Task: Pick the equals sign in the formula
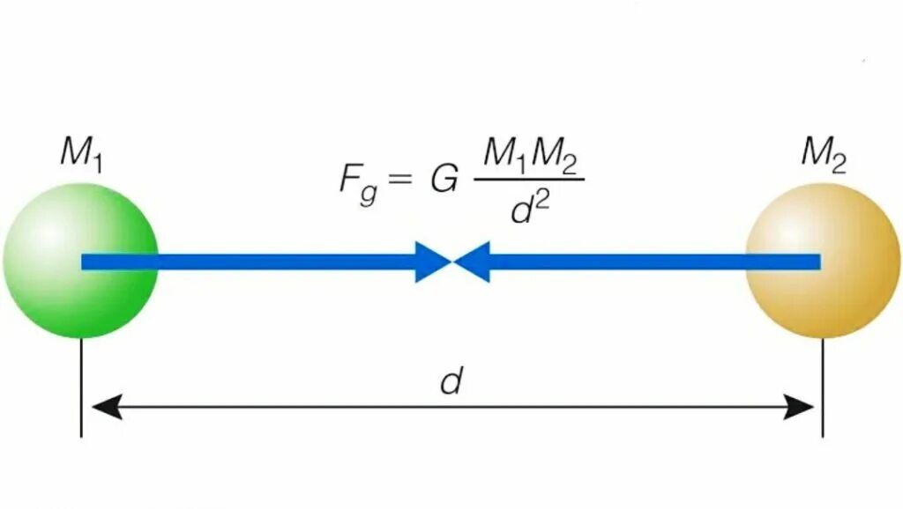(x=401, y=180)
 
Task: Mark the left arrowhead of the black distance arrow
(x=104, y=407)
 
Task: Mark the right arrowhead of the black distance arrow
(x=799, y=407)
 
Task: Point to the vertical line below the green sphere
(x=81, y=387)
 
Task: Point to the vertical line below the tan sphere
(x=823, y=387)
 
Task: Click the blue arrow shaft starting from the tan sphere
(x=653, y=262)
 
